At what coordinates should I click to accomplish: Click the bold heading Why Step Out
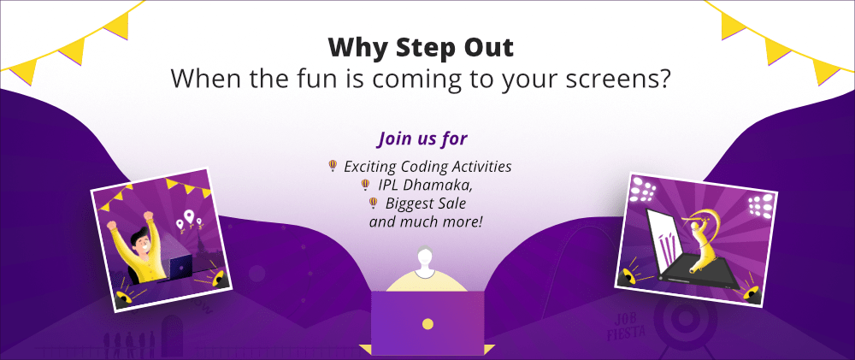click(421, 48)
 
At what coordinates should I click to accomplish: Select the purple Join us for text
click(422, 139)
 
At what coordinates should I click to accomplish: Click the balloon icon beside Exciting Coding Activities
click(332, 166)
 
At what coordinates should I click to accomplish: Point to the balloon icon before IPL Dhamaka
click(365, 185)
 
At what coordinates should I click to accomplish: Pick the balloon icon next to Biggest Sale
click(373, 204)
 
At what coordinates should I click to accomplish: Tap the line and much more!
click(426, 222)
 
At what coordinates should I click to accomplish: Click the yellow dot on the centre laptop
click(428, 324)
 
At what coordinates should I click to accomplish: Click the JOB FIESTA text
click(626, 326)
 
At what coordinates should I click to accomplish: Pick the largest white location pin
click(189, 218)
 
